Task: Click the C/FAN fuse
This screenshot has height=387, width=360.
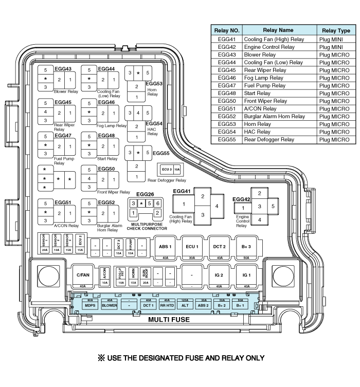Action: (x=82, y=275)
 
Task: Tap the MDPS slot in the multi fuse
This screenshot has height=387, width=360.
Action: (x=91, y=305)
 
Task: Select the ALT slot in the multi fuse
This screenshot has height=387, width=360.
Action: (x=185, y=305)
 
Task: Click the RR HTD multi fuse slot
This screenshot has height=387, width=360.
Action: (x=166, y=305)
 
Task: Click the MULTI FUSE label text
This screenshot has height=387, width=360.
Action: (x=169, y=320)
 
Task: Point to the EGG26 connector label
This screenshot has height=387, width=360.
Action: (x=145, y=194)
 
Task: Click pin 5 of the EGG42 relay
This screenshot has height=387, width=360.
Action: (x=273, y=206)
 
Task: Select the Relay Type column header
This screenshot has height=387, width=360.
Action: (x=336, y=31)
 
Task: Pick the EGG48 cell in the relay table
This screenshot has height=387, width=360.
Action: (x=227, y=94)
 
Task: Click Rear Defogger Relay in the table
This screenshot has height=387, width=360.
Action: (x=269, y=140)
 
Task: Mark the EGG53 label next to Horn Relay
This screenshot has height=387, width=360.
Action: (x=154, y=83)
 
